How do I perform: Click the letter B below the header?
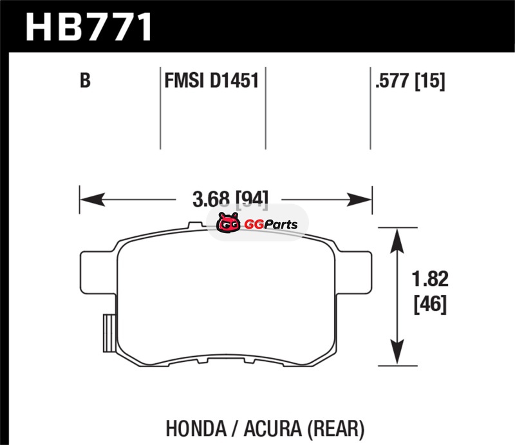pos(84,82)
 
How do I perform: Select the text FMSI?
pos(183,82)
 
